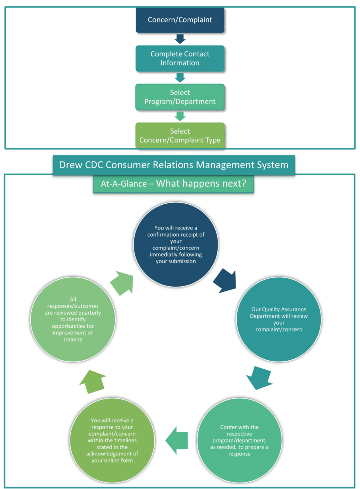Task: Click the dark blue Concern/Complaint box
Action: tap(180, 20)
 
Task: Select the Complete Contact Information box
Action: tap(180, 58)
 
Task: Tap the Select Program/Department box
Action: tap(180, 97)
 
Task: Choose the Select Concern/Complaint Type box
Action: tap(180, 136)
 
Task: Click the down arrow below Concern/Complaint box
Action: tap(180, 39)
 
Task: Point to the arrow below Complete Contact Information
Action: tap(180, 78)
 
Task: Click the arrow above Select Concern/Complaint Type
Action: tap(180, 116)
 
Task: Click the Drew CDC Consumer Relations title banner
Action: tap(174, 165)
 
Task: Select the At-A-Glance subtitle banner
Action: tap(173, 184)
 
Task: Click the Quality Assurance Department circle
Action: tap(278, 319)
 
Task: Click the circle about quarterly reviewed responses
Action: tap(73, 319)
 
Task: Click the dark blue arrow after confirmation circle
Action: tap(225, 281)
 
